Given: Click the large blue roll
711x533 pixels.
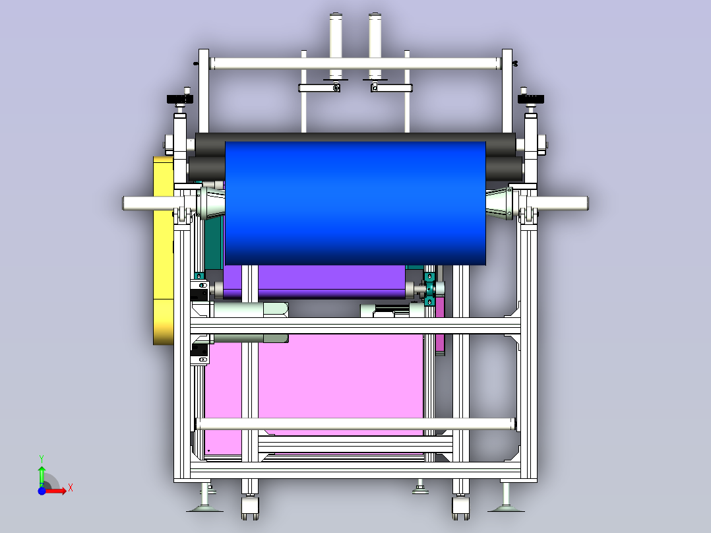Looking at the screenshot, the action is point(355,203).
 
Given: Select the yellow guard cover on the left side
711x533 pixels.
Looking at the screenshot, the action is point(164,251).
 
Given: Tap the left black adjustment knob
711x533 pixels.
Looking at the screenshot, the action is point(180,99).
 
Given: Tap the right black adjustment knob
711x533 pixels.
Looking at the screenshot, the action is point(530,99).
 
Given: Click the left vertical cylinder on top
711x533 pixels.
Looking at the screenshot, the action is point(336,46).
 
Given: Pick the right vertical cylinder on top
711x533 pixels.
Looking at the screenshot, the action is point(375,46).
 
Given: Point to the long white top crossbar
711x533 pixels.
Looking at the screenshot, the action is point(355,63).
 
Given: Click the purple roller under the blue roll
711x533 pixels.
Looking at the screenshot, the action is point(314,282).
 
